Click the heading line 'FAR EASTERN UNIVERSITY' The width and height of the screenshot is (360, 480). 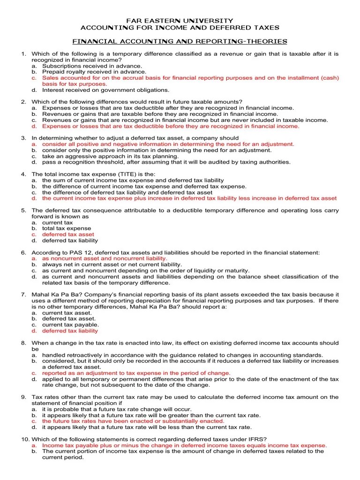(180, 21)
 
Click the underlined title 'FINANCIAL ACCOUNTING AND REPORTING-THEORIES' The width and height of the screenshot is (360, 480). (180, 42)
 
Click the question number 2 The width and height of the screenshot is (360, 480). (23, 102)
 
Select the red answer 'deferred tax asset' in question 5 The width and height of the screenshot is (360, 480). (68, 234)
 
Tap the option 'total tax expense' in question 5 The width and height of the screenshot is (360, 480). (67, 228)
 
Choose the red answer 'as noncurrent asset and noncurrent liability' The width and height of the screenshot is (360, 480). (105, 258)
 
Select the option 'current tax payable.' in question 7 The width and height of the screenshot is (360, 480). (70, 324)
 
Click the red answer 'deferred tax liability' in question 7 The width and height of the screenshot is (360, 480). (70, 330)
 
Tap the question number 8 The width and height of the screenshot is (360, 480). (23, 343)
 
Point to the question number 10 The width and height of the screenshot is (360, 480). (25, 439)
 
